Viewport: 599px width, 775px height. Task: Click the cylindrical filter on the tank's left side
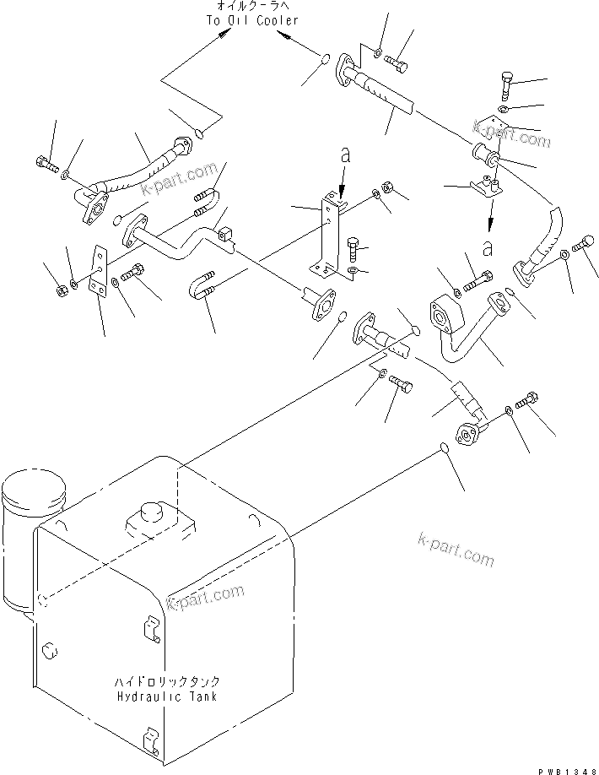click(34, 511)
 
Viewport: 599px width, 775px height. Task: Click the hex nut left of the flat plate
click(63, 291)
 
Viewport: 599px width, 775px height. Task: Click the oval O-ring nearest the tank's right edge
click(445, 448)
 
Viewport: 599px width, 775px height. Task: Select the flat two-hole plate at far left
click(99, 273)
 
